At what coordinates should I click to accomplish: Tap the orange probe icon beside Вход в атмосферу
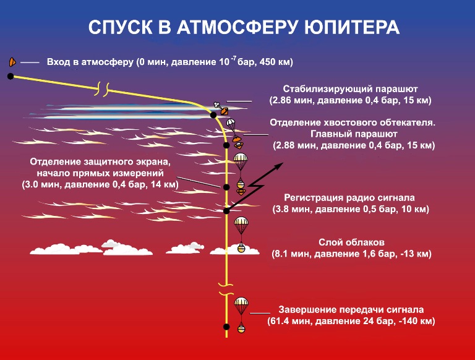[12, 62]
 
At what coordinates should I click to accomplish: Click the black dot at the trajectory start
[11, 76]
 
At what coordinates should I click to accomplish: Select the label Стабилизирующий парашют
[351, 89]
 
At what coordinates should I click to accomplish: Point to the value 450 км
[275, 62]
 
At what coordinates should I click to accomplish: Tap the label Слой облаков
[351, 242]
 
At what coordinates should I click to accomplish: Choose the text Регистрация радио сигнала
[349, 198]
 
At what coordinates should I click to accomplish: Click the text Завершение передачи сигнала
[351, 310]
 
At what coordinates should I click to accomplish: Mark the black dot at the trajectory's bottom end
[226, 327]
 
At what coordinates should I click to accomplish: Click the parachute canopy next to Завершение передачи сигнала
[241, 302]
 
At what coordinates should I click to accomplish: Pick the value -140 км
[416, 321]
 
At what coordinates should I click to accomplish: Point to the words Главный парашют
[354, 134]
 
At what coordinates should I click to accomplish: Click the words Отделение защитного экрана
[100, 162]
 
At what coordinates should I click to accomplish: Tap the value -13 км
[414, 254]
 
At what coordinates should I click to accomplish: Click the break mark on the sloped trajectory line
[102, 89]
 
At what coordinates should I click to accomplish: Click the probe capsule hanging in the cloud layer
[241, 247]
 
